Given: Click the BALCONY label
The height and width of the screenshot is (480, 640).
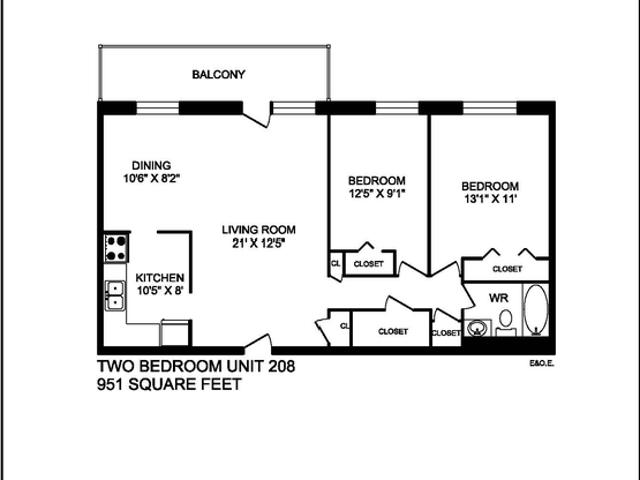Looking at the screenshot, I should [219, 75].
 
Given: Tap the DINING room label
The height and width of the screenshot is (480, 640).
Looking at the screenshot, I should [152, 166].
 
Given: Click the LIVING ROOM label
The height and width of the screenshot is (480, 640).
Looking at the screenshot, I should [259, 230].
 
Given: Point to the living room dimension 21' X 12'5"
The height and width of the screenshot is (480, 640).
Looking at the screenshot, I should [259, 243].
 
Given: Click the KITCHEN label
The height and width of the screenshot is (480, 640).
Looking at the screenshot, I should [159, 278].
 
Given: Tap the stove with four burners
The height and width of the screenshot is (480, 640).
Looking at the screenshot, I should [115, 246].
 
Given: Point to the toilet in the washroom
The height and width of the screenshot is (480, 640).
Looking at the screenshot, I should [505, 320].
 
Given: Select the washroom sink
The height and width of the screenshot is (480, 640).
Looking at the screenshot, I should [478, 327].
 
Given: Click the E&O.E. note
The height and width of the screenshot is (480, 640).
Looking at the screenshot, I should [542, 364].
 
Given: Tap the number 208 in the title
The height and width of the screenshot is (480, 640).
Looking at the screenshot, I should [279, 366].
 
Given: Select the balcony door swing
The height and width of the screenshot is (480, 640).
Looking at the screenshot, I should [257, 114].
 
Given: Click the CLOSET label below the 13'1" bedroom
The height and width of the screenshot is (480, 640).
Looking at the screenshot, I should [506, 269].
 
